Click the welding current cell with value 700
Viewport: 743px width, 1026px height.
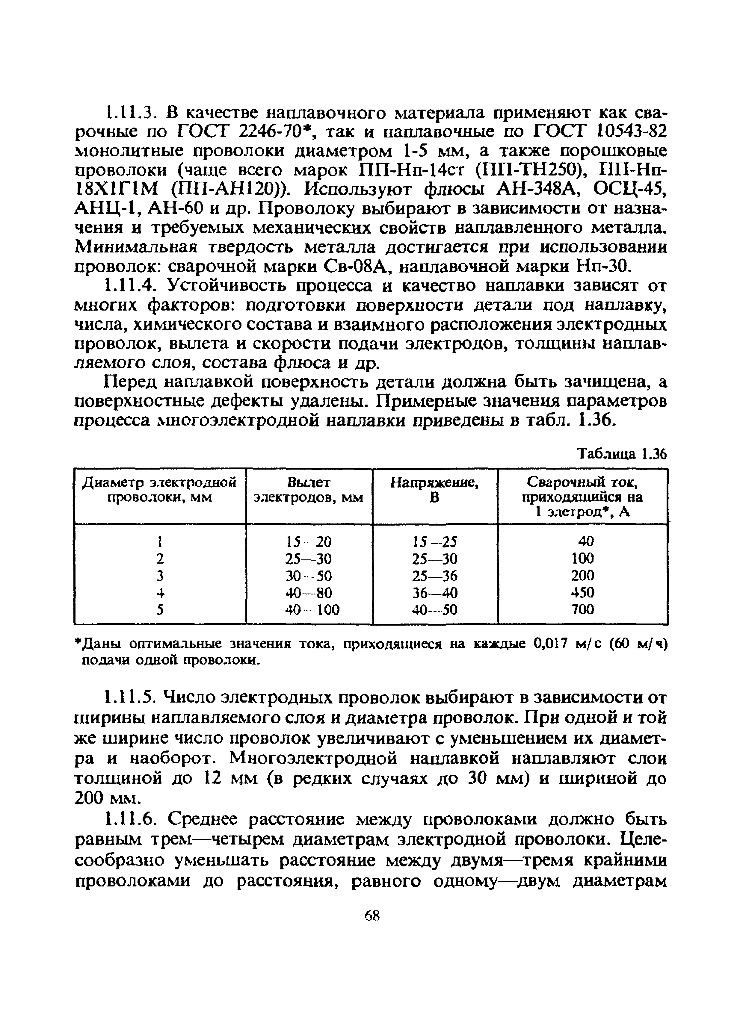tap(582, 609)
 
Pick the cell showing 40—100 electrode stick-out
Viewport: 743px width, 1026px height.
tap(312, 610)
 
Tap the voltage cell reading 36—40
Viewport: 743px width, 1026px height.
tap(435, 593)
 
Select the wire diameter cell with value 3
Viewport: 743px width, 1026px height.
tap(159, 576)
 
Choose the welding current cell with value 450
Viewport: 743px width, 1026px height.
tap(582, 593)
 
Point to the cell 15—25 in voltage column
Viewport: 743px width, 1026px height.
tap(435, 541)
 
